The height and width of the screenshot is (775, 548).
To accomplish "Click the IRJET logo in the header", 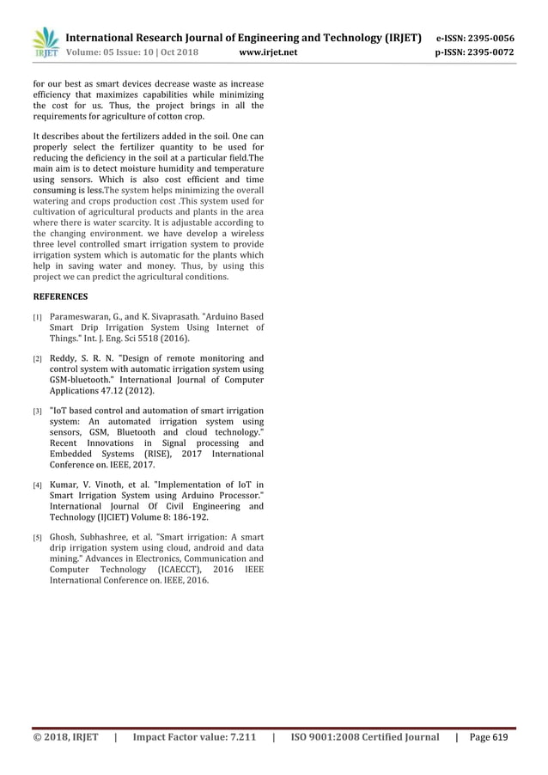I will coord(45,44).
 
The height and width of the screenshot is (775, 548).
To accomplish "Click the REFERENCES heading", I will coord(60,296).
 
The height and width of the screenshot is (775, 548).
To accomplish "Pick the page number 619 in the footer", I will coord(500,737).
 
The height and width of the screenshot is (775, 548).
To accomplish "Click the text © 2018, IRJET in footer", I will coord(66,737).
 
